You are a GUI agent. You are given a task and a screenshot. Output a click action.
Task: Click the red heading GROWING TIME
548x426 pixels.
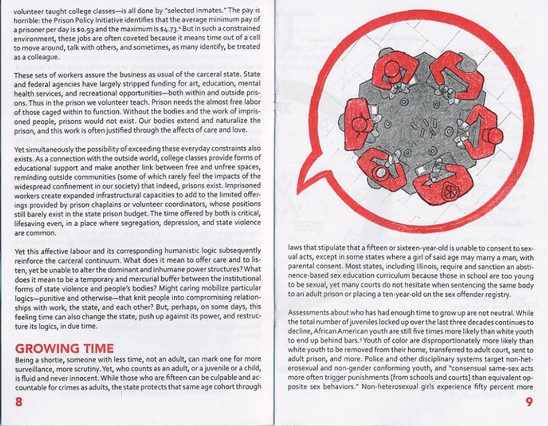tap(64, 349)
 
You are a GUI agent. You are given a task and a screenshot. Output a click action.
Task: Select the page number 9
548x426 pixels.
tap(530, 403)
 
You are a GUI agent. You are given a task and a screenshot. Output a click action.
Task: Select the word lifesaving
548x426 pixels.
tap(30, 224)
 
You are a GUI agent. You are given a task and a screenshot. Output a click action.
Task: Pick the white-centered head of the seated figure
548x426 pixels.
tap(378, 172)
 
